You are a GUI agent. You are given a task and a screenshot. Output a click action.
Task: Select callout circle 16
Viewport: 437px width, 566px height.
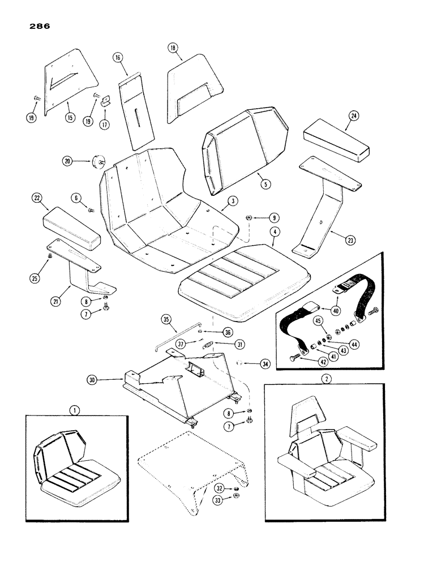coord(118,57)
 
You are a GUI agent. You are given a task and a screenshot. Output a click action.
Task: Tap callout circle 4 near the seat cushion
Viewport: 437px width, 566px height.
coord(274,231)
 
